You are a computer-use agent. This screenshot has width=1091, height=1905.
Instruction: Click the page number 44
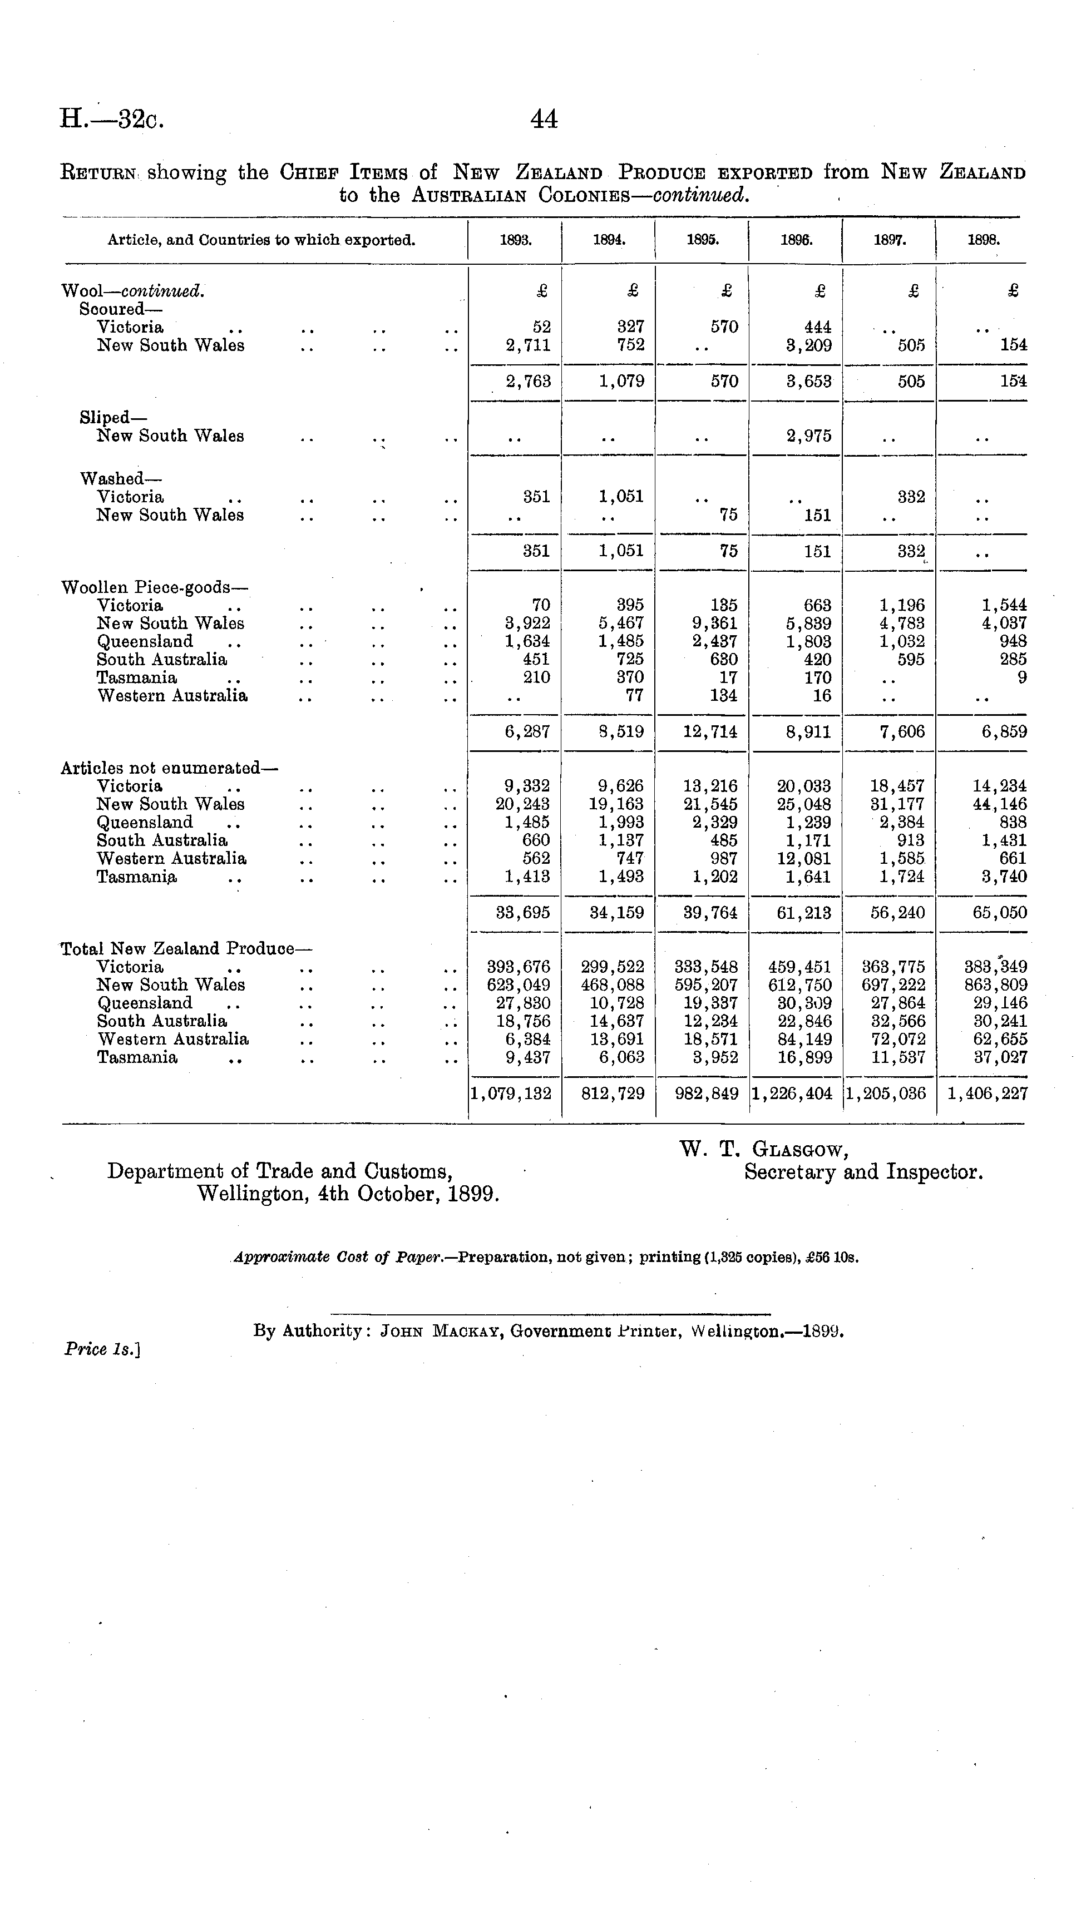[x=544, y=120]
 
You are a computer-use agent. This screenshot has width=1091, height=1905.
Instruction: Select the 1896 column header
[x=795, y=241]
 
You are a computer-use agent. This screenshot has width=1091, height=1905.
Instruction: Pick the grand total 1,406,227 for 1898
[x=987, y=1093]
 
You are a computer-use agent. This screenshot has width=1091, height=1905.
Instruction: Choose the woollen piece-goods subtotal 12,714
[x=709, y=732]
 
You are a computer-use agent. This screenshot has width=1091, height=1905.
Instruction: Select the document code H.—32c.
[x=112, y=120]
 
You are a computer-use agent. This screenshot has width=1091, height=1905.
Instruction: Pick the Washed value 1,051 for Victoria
[x=621, y=497]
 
